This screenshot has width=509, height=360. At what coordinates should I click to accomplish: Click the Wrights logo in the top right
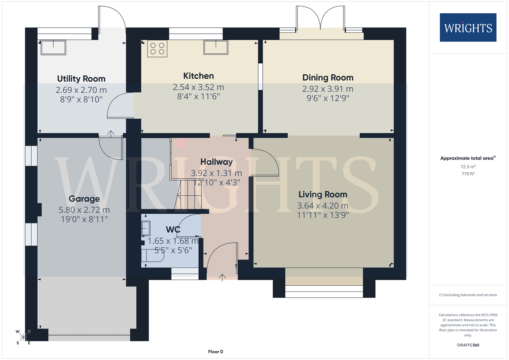468,28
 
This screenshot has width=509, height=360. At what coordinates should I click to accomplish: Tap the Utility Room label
81,79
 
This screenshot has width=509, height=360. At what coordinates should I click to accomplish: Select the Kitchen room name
198,76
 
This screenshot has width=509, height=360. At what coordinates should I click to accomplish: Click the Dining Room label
328,78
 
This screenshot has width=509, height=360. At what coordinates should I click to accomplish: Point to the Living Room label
323,195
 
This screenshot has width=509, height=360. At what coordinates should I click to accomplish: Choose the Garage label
84,199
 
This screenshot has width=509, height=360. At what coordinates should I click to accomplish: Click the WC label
173,230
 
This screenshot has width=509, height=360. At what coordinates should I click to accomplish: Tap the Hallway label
216,162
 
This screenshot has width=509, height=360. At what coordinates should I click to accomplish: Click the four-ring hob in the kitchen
157,49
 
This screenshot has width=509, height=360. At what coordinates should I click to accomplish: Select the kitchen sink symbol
216,47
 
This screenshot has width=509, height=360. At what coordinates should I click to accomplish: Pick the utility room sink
54,47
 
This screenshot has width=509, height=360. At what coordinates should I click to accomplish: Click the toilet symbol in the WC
153,256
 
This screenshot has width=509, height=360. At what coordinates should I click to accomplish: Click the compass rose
23,337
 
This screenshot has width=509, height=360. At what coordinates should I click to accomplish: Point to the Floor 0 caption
215,352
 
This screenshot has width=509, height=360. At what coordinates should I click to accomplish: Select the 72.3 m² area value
468,167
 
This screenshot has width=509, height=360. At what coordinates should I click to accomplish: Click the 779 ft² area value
468,174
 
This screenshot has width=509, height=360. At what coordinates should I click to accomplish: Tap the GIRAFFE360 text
468,345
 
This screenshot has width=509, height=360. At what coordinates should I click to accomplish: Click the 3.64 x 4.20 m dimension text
323,206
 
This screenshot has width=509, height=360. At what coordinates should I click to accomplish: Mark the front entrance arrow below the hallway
222,278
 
